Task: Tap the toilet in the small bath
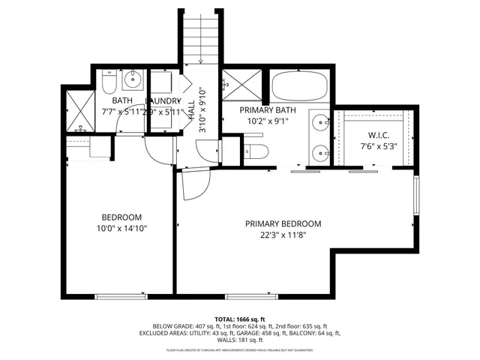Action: click(x=108, y=80)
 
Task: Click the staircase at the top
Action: click(x=200, y=37)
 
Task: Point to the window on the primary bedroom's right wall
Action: click(x=415, y=201)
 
